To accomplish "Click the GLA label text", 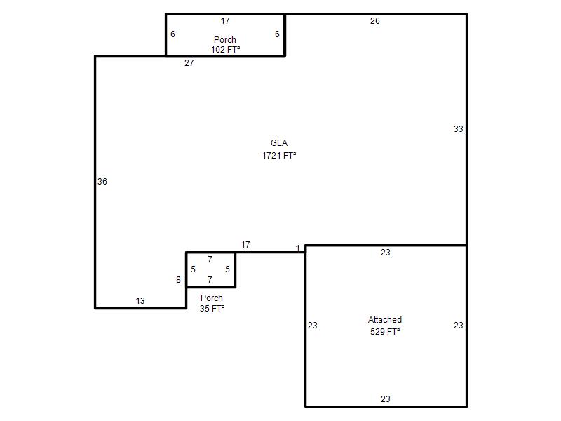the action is point(279,143).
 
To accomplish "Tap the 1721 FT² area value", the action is point(279,155).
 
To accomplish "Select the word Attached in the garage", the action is point(385,320).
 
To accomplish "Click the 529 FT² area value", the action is point(385,332).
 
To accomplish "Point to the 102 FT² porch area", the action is point(225,49).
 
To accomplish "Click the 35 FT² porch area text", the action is point(212,308).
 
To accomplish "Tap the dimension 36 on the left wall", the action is point(102,182).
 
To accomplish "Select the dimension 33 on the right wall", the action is point(459,129).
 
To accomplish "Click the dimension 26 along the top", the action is point(375,21).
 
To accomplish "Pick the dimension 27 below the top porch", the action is point(189,63).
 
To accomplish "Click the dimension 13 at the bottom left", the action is point(140,301).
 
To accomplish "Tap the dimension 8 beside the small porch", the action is point(178,280).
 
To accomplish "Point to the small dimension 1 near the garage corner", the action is point(297,248).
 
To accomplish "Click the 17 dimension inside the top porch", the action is point(225,21).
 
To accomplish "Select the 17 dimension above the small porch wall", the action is point(245,244).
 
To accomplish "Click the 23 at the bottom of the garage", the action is point(385,399).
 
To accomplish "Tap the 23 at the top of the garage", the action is point(385,253).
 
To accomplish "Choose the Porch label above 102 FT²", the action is point(225,39).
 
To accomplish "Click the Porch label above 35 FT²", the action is point(212,298).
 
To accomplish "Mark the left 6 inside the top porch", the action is point(173,34).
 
